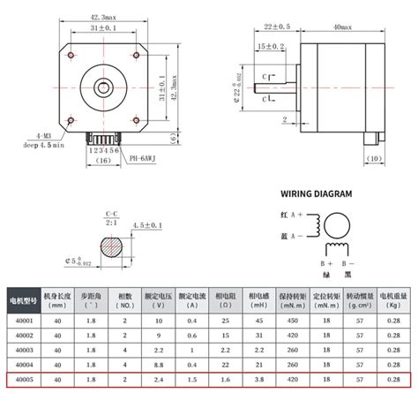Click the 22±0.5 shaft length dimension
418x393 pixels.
tap(276, 28)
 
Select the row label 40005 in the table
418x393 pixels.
tap(23, 379)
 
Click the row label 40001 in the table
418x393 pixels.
tap(23, 321)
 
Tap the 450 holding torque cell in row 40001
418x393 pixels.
tap(295, 321)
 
